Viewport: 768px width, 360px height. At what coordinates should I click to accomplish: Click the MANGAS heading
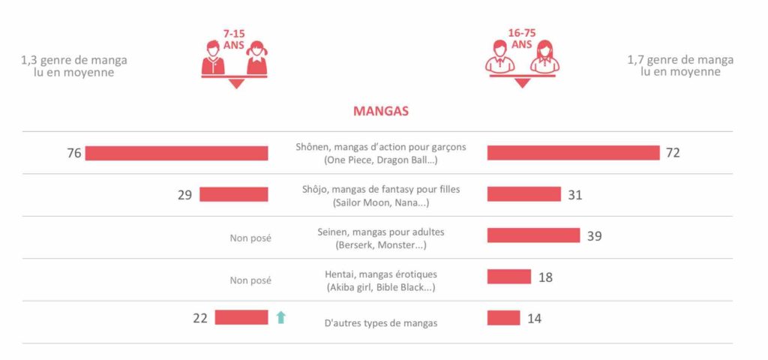pyautogui.click(x=380, y=111)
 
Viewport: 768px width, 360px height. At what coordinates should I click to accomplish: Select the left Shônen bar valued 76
pyautogui.click(x=176, y=153)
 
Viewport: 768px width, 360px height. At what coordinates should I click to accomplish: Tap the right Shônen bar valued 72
pyautogui.click(x=573, y=153)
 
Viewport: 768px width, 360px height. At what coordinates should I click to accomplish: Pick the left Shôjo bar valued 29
pyautogui.click(x=233, y=195)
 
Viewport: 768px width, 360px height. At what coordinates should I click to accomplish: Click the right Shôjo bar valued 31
pyautogui.click(x=523, y=195)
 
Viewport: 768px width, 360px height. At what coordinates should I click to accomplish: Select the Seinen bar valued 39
pyautogui.click(x=533, y=235)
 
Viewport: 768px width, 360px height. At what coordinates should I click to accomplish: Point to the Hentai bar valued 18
pyautogui.click(x=508, y=277)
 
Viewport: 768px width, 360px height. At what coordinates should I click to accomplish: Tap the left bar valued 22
pyautogui.click(x=241, y=317)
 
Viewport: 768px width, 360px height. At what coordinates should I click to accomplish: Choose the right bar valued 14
pyautogui.click(x=503, y=318)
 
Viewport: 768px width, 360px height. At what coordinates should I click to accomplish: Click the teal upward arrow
pyautogui.click(x=281, y=317)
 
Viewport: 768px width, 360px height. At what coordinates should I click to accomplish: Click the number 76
pyautogui.click(x=73, y=153)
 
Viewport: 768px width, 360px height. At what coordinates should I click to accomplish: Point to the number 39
pyautogui.click(x=594, y=235)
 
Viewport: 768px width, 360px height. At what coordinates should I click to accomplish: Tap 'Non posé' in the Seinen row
pyautogui.click(x=250, y=238)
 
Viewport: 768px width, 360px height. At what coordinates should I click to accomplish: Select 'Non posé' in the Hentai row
pyautogui.click(x=250, y=280)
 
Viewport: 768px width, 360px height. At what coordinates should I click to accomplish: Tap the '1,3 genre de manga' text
pyautogui.click(x=74, y=60)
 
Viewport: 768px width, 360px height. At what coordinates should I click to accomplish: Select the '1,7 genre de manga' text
pyautogui.click(x=680, y=60)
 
